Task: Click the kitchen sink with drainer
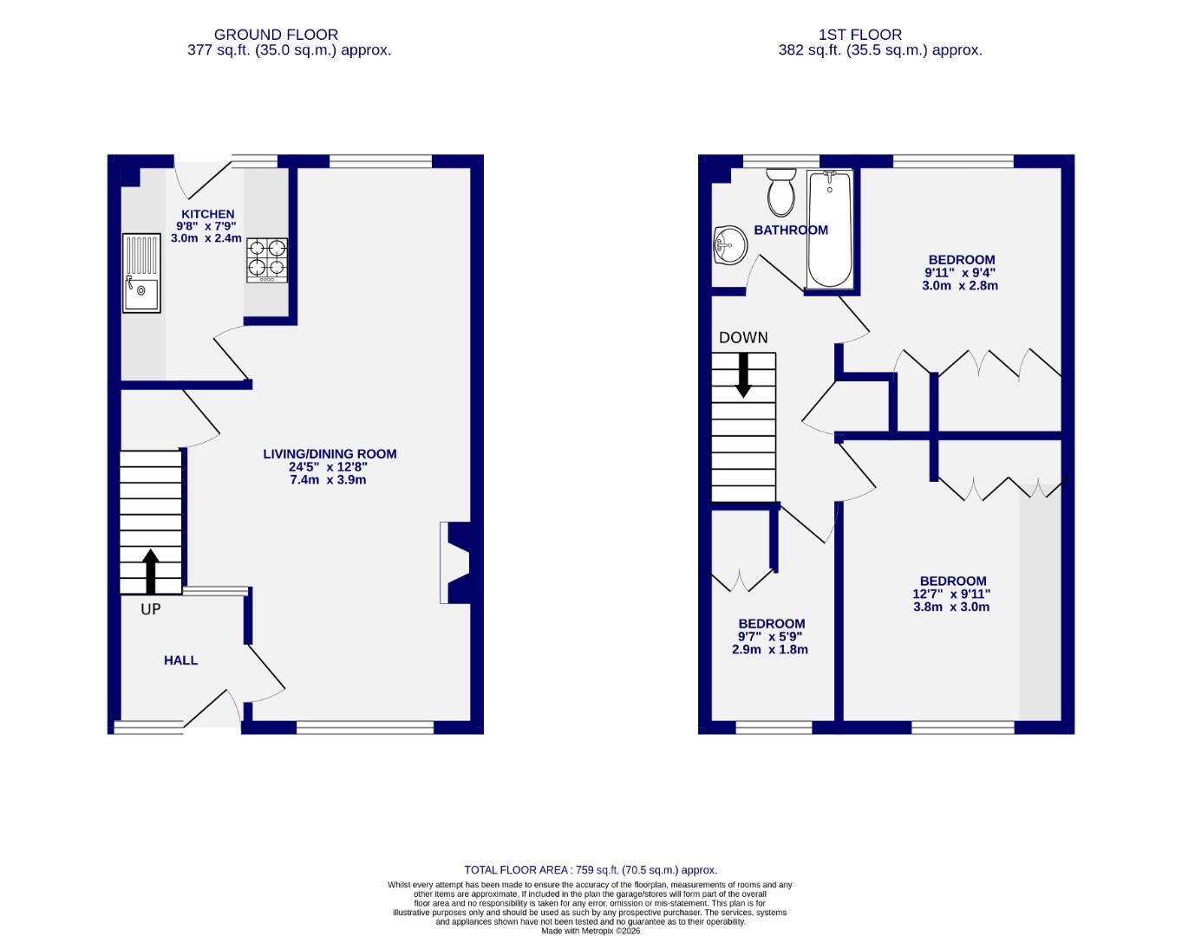141,273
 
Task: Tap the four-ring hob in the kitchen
267,260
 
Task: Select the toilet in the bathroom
781,192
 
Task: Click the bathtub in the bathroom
830,229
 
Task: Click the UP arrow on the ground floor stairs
151,571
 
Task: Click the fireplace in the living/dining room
455,562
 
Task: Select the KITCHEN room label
207,214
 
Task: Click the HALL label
180,660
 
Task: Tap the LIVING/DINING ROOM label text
330,454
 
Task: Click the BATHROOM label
791,231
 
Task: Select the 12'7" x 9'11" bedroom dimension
951,595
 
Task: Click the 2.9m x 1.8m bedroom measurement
770,649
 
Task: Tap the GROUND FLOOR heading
276,35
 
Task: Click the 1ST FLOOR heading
860,35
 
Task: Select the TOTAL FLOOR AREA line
591,870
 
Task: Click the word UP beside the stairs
151,609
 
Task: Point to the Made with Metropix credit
591,931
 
